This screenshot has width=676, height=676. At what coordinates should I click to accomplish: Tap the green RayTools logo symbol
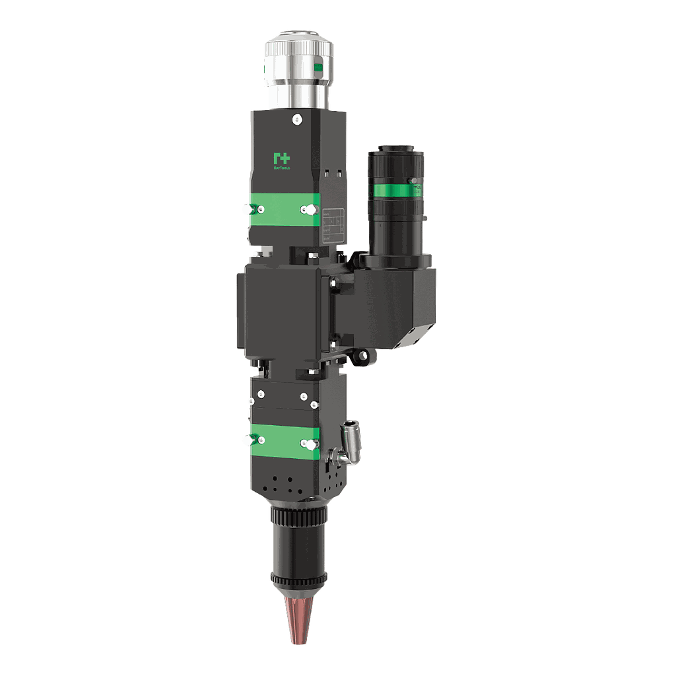[282, 159]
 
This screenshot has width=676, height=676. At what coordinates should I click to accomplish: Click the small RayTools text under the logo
[282, 169]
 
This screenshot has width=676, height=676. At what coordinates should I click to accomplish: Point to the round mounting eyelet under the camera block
[362, 356]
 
